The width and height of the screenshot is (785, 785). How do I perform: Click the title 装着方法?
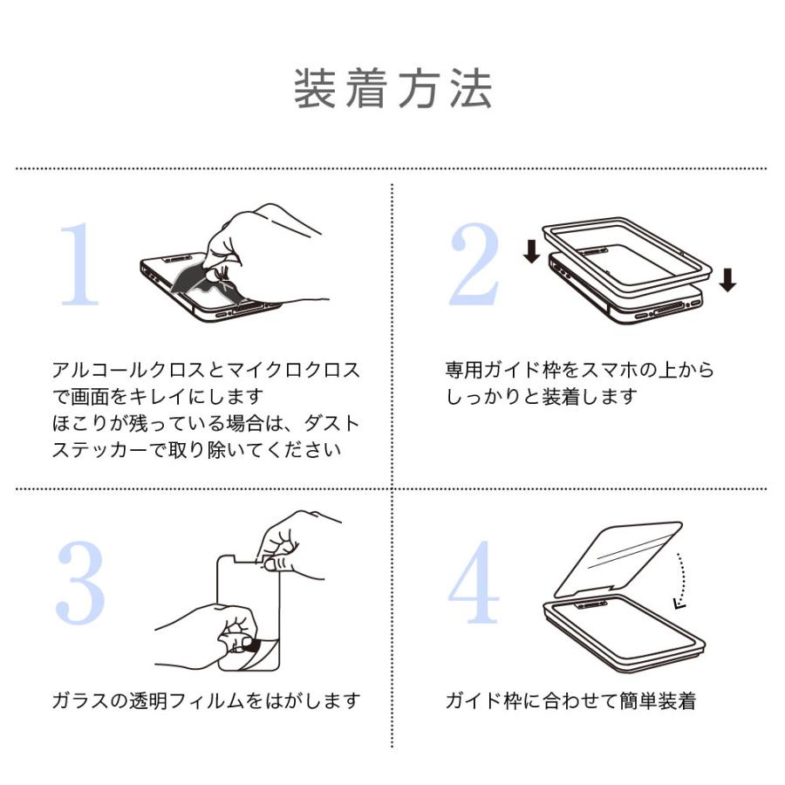click(x=392, y=88)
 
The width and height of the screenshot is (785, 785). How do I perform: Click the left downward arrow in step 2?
click(x=530, y=252)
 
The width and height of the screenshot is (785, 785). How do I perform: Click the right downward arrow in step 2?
click(x=728, y=279)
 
